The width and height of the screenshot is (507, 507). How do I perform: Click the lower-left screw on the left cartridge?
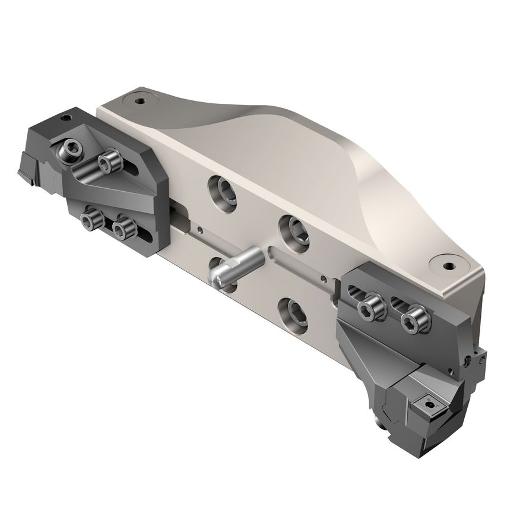point(90,221)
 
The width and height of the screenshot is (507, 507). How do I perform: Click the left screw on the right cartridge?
point(369,306)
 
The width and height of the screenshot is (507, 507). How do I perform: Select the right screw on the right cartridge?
point(411,320)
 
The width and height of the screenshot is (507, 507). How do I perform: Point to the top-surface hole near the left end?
point(140,101)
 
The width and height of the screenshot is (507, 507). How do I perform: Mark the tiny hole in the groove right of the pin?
point(323,277)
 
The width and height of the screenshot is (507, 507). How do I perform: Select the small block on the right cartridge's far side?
point(478,359)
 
